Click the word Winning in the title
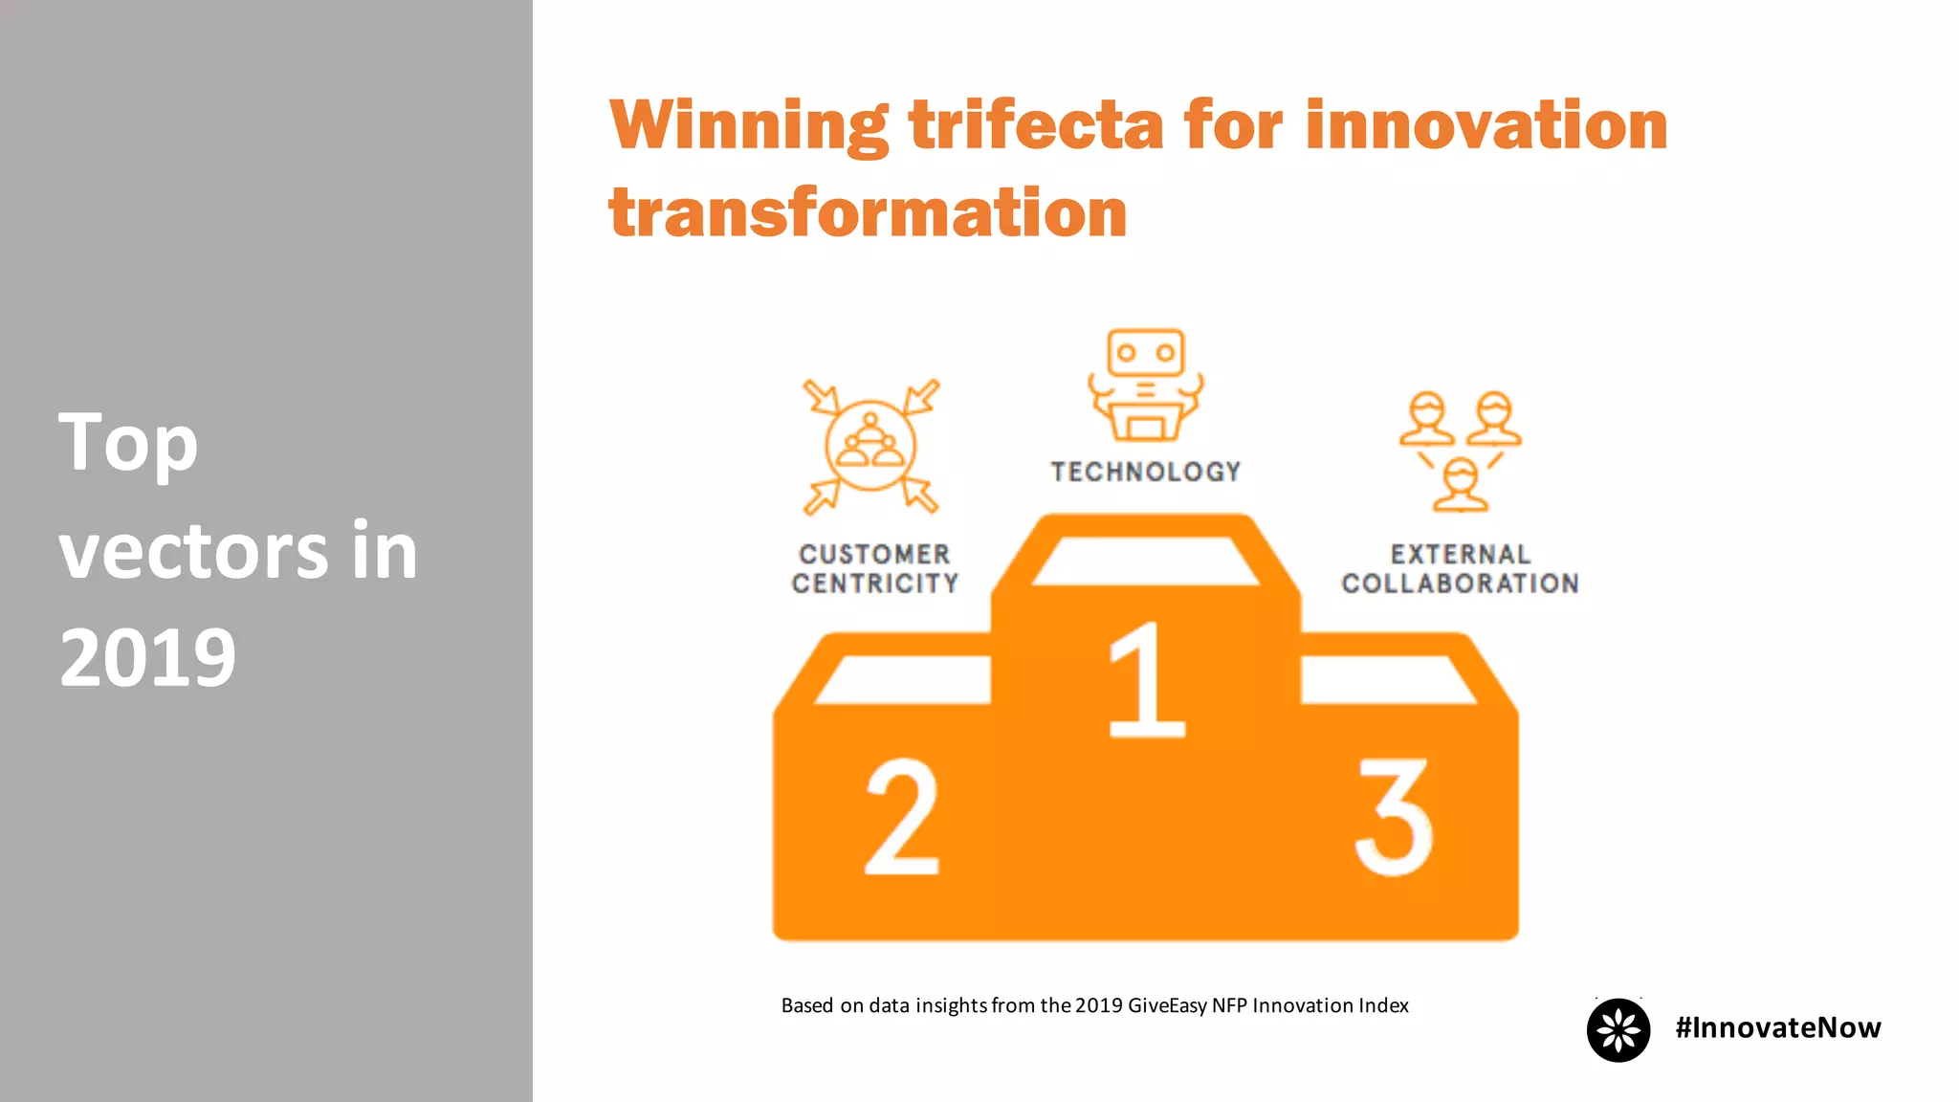(x=749, y=126)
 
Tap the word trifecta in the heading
(x=1036, y=126)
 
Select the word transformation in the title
(x=868, y=212)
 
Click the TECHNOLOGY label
(x=1146, y=472)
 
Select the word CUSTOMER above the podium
(x=874, y=555)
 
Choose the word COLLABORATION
(x=1460, y=584)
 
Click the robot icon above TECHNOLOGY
(x=1145, y=385)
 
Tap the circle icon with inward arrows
(x=870, y=447)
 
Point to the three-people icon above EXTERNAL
(x=1460, y=450)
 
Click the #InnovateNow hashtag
(x=1777, y=1027)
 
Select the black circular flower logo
(x=1618, y=1030)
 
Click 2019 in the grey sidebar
(x=147, y=658)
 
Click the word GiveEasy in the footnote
(x=1167, y=1005)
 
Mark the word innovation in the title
(x=1486, y=126)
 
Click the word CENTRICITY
(x=874, y=584)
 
